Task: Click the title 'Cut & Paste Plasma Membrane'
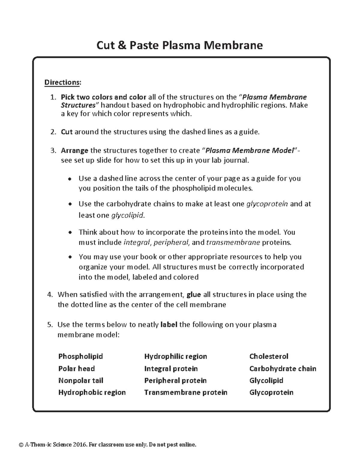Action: [x=179, y=45]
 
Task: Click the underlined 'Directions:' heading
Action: [x=62, y=82]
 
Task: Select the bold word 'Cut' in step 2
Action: [x=67, y=132]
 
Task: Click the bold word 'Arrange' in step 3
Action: [x=74, y=151]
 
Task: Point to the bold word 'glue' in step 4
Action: [x=193, y=295]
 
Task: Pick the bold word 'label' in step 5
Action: [x=169, y=325]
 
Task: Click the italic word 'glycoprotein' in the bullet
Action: [x=267, y=204]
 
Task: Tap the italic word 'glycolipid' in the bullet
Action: [x=127, y=215]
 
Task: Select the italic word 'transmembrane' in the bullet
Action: [x=233, y=242]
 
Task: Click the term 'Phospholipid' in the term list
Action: [x=80, y=356]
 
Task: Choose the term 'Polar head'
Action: [x=76, y=368]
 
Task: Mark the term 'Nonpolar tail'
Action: [x=81, y=380]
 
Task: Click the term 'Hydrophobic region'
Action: [x=92, y=392]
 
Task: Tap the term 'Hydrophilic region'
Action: [x=175, y=356]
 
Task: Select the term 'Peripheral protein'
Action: [x=175, y=380]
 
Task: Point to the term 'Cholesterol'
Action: [x=268, y=356]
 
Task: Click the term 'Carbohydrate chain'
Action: [x=283, y=368]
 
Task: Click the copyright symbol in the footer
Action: [x=21, y=445]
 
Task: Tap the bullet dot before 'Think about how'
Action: [x=70, y=233]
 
